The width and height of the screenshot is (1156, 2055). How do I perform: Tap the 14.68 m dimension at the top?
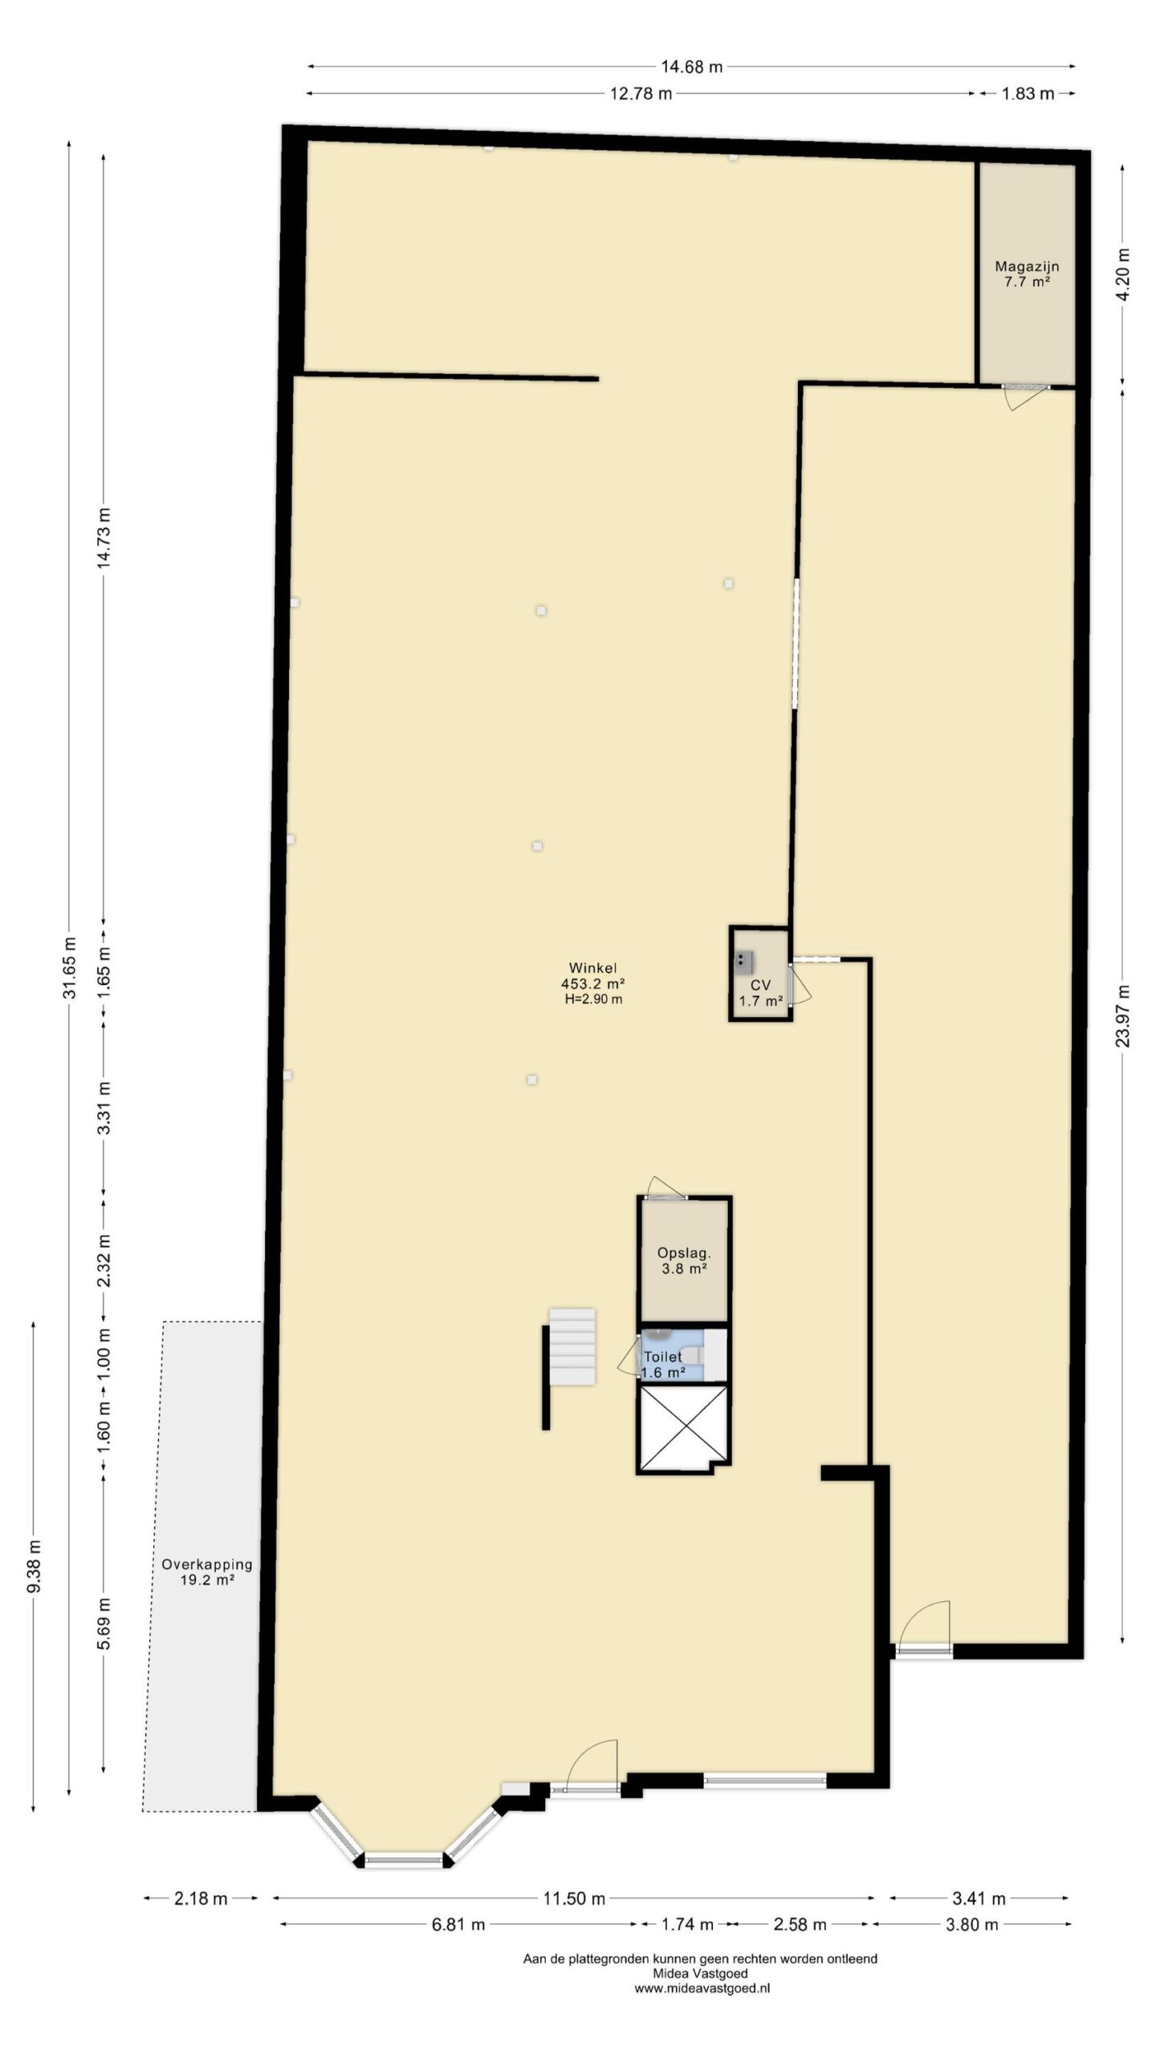coord(691,67)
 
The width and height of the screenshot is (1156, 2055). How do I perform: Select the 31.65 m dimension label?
coord(69,967)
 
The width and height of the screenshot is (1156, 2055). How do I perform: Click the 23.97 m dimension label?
coord(1122,1015)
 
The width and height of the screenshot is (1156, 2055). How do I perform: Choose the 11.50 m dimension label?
coord(574,1898)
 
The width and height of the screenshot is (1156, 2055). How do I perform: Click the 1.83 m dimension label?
coord(1028,94)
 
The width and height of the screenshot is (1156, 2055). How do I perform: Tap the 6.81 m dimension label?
coord(458,1924)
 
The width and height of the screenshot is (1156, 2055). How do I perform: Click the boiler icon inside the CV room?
coord(744,962)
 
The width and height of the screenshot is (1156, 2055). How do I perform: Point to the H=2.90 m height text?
coord(593,999)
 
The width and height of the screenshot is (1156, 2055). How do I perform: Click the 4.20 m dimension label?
coord(1122,274)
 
